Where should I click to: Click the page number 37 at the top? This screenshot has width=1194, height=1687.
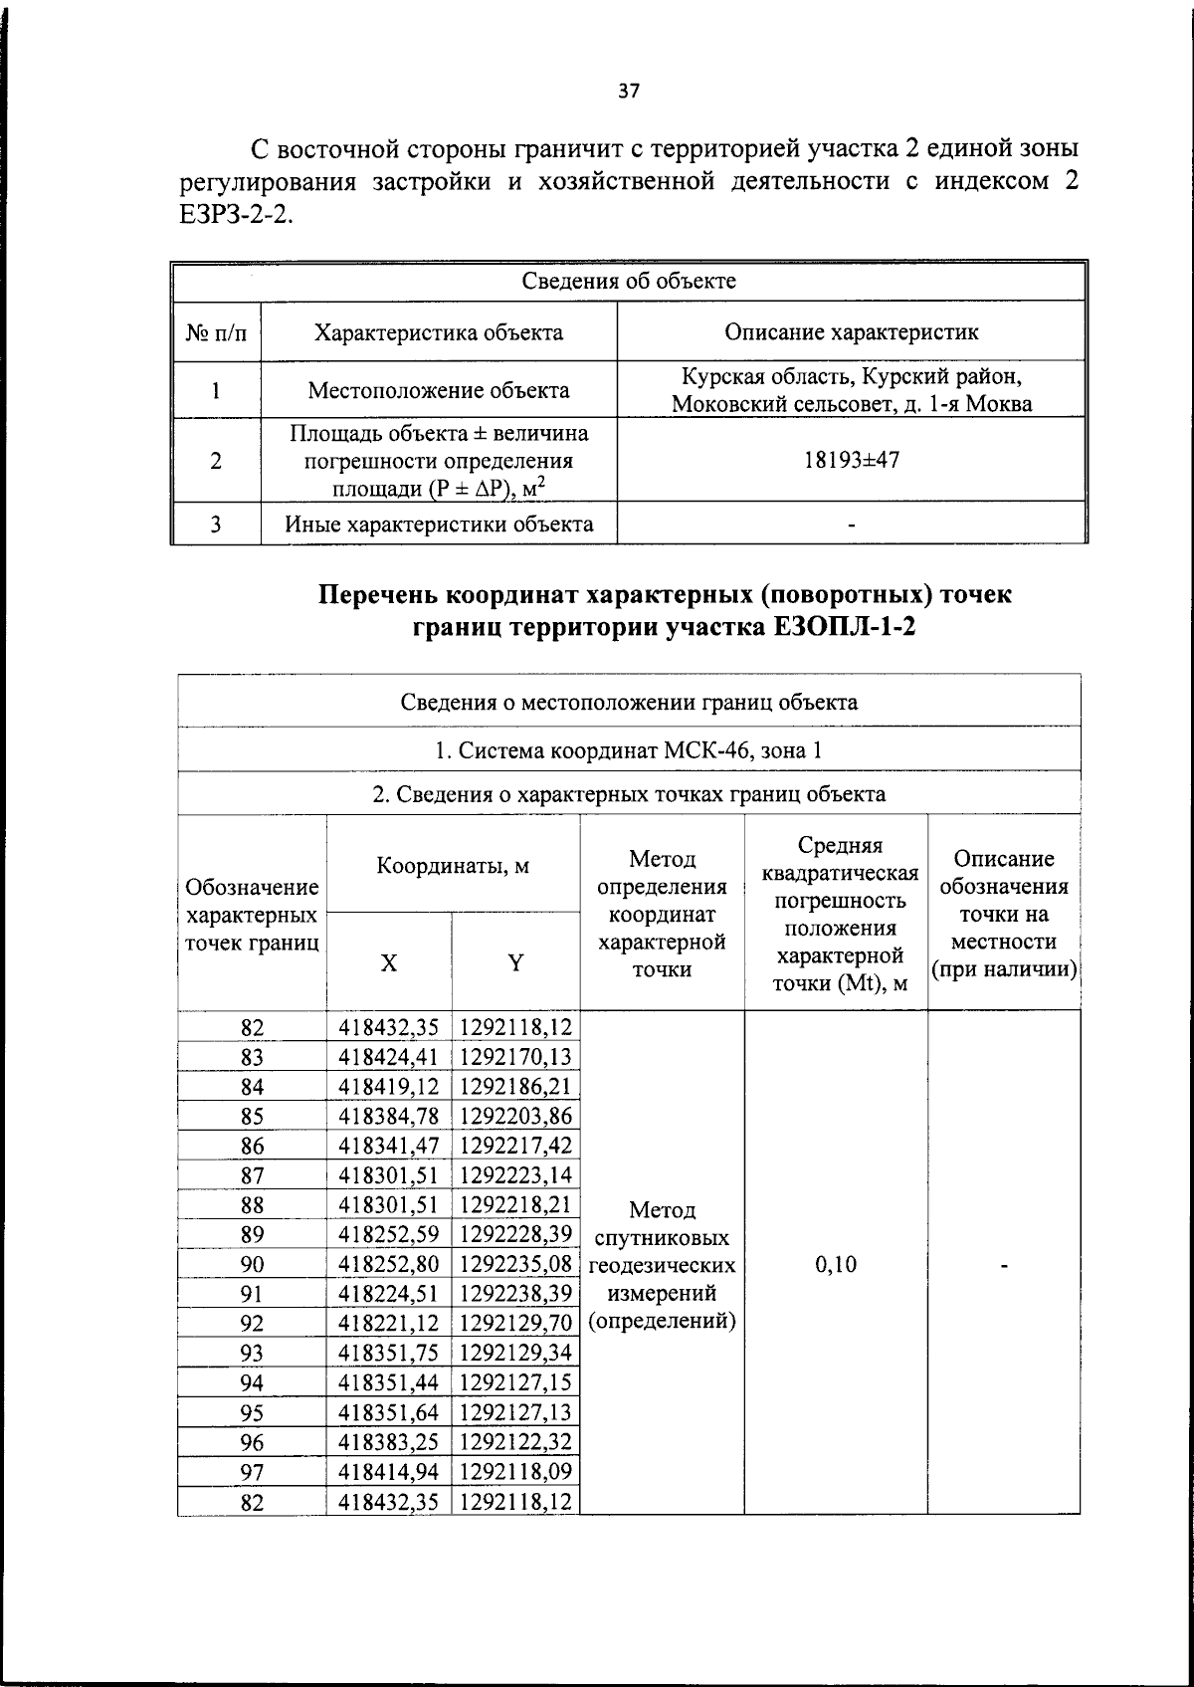coord(629,92)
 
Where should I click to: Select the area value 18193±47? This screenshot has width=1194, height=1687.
coord(852,460)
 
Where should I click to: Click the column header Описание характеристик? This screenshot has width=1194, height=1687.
coord(851,332)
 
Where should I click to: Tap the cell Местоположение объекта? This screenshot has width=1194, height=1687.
coord(439,390)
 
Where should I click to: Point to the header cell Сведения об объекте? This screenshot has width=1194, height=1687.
coord(629,281)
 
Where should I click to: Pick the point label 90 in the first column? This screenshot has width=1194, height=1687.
coord(253,1264)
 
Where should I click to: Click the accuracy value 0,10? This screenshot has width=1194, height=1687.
coord(836,1264)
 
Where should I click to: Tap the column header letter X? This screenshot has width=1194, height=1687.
coord(389,962)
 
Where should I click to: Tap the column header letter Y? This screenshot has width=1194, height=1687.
coord(515,962)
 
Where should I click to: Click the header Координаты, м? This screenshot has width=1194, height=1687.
coord(453,865)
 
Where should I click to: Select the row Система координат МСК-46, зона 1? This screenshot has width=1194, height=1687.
coord(629,749)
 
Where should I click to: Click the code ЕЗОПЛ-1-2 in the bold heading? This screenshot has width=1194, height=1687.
coord(842,628)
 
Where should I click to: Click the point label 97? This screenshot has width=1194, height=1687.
coord(253,1471)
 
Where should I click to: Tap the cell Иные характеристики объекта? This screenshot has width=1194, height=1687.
coord(439,524)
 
